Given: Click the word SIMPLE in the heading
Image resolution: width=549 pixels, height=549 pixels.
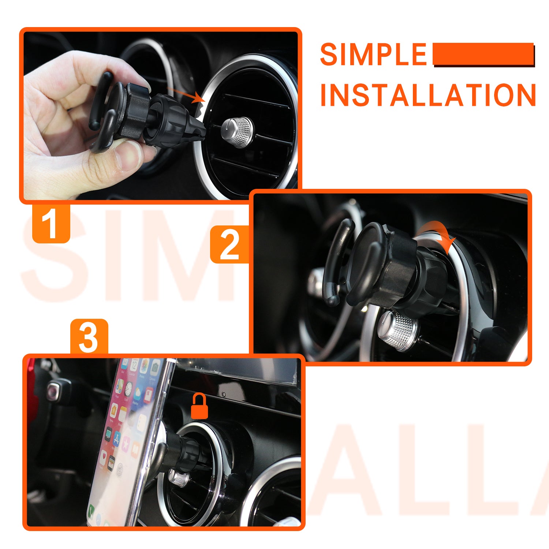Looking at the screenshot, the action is pyautogui.click(x=373, y=55).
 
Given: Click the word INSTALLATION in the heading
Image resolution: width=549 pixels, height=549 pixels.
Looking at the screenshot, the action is pyautogui.click(x=428, y=95).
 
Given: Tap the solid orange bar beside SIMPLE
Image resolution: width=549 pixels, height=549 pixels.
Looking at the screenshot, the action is pyautogui.click(x=483, y=54).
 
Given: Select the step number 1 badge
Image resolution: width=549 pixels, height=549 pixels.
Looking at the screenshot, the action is pyautogui.click(x=51, y=223).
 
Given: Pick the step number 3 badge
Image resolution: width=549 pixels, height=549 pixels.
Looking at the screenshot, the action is pyautogui.click(x=89, y=337).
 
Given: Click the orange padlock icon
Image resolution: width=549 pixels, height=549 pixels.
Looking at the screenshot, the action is pyautogui.click(x=199, y=406).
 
